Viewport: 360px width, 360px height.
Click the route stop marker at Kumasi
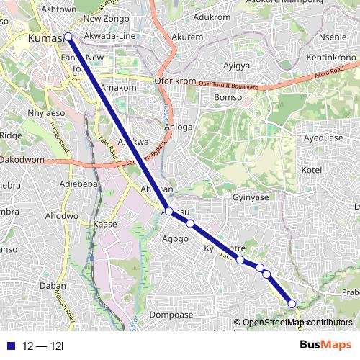click(68, 37)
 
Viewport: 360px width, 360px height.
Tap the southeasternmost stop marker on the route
click(292, 304)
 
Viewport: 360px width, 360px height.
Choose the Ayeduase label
click(323, 137)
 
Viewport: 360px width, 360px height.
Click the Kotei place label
click(312, 170)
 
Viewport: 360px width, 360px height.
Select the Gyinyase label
click(251, 197)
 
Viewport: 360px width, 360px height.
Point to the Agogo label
click(175, 238)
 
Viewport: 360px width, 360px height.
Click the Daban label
click(53, 285)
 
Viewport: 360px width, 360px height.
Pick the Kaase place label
click(105, 225)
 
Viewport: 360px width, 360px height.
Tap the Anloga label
click(179, 127)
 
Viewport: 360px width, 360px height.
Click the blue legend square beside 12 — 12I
click(9, 346)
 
